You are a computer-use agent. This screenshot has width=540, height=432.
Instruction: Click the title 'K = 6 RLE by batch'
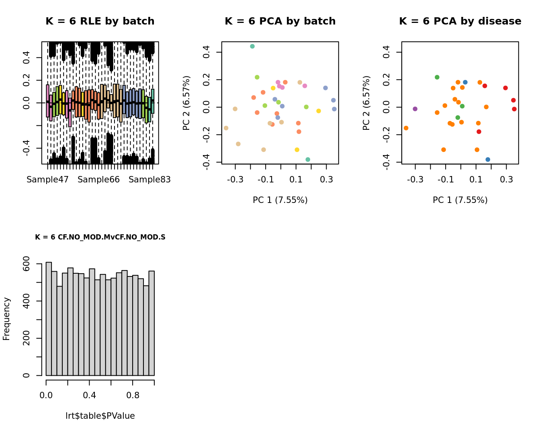(100, 21)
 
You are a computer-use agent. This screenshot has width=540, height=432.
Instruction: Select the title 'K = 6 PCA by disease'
(460, 21)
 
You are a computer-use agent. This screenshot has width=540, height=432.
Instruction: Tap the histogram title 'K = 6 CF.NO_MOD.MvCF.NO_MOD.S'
(100, 237)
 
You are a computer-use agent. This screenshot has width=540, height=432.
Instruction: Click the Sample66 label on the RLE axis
(98, 180)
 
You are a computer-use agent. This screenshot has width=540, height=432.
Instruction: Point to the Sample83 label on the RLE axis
(149, 180)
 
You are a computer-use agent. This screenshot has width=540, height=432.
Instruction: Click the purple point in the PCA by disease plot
(415, 109)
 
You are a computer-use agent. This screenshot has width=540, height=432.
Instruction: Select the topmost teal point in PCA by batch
(252, 46)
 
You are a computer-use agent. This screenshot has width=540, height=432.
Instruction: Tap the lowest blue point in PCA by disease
(488, 160)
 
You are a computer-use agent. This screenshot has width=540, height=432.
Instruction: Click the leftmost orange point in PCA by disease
(406, 128)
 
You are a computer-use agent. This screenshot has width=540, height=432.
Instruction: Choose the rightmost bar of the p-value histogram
(151, 323)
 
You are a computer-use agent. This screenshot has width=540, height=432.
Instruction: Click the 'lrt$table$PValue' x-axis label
(100, 416)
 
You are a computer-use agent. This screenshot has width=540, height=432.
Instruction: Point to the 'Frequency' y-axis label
(6, 319)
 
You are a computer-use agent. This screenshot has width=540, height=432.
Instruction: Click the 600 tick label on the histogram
(27, 264)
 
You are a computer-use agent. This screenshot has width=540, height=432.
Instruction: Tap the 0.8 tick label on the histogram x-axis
(133, 395)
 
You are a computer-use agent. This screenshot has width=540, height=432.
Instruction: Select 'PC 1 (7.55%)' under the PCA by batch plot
(280, 200)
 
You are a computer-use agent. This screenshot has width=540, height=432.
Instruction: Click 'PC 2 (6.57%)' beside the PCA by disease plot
(366, 103)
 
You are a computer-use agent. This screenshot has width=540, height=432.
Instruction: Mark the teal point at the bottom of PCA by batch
(308, 160)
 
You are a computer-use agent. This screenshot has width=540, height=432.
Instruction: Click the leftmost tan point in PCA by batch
(226, 128)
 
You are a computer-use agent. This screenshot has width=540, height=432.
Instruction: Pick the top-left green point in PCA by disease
(437, 77)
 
